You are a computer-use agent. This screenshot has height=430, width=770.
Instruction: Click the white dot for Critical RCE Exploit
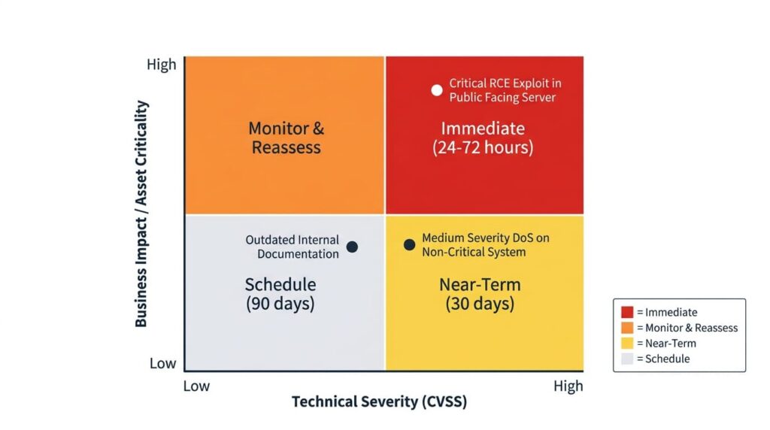coord(437,90)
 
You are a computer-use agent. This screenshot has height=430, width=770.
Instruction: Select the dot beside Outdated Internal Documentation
coord(352,247)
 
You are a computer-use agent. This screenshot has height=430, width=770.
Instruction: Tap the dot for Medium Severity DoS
coord(409,244)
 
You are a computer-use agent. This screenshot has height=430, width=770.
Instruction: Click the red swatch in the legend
coord(627,312)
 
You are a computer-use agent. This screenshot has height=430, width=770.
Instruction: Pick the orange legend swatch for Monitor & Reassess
coord(627,328)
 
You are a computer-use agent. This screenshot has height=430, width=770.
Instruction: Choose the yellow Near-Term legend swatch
coord(627,344)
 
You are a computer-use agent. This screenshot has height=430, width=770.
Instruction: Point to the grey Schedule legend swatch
coord(627,359)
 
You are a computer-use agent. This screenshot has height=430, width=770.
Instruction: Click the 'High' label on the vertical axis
coord(161,65)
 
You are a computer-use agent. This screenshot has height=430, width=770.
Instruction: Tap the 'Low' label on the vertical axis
coord(162,363)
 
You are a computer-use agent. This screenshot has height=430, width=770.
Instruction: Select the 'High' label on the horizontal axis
coord(568,386)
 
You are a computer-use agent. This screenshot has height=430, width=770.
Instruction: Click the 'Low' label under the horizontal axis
coord(197,386)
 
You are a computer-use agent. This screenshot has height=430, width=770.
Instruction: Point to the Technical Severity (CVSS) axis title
coord(379,401)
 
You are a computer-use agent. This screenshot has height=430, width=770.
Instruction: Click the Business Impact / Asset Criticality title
coord(141,213)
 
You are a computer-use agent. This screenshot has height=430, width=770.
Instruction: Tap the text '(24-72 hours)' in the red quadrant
coord(483,147)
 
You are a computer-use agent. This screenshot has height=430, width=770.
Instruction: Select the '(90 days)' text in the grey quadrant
coord(280,304)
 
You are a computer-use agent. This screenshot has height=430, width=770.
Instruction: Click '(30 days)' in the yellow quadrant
coord(480,304)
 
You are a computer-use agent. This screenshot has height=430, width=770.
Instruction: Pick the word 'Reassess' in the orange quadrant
coord(286,147)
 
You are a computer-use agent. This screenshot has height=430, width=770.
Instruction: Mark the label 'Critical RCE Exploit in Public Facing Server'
coord(505,90)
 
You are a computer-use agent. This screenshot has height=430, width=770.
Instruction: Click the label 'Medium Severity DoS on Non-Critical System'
coord(485,245)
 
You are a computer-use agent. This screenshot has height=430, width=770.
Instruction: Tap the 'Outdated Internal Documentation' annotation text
coord(293,247)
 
